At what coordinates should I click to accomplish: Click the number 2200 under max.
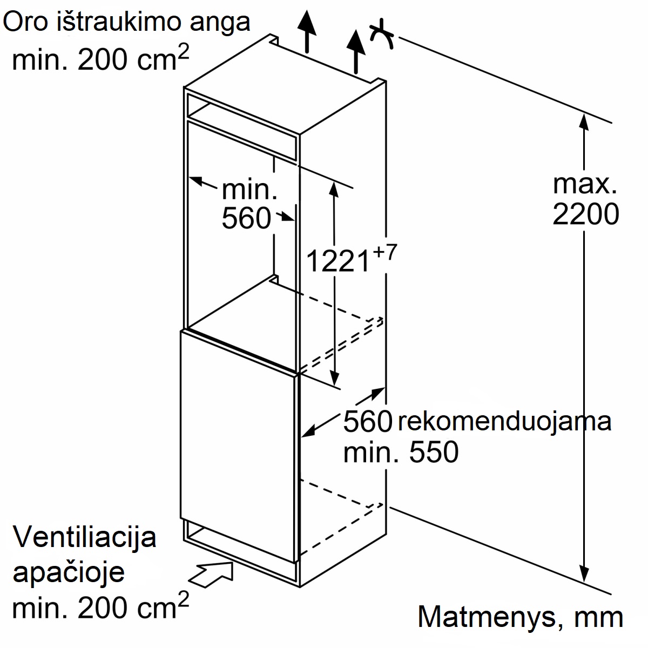pyautogui.click(x=585, y=214)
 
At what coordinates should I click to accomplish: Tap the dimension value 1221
pyautogui.click(x=338, y=261)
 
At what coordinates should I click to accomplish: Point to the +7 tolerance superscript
pyautogui.click(x=385, y=253)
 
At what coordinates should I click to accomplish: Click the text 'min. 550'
pyautogui.click(x=401, y=453)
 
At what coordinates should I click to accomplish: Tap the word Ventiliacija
pyautogui.click(x=84, y=538)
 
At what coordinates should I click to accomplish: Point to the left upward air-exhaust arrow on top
pyautogui.click(x=307, y=31)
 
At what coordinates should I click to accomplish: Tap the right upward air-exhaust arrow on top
pyautogui.click(x=356, y=51)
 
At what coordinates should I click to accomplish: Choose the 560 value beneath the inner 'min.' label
pyautogui.click(x=246, y=218)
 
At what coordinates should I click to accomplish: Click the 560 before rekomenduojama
pyautogui.click(x=368, y=421)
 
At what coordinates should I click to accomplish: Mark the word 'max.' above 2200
pyautogui.click(x=585, y=184)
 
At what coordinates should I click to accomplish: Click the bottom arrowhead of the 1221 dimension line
pyautogui.click(x=334, y=377)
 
